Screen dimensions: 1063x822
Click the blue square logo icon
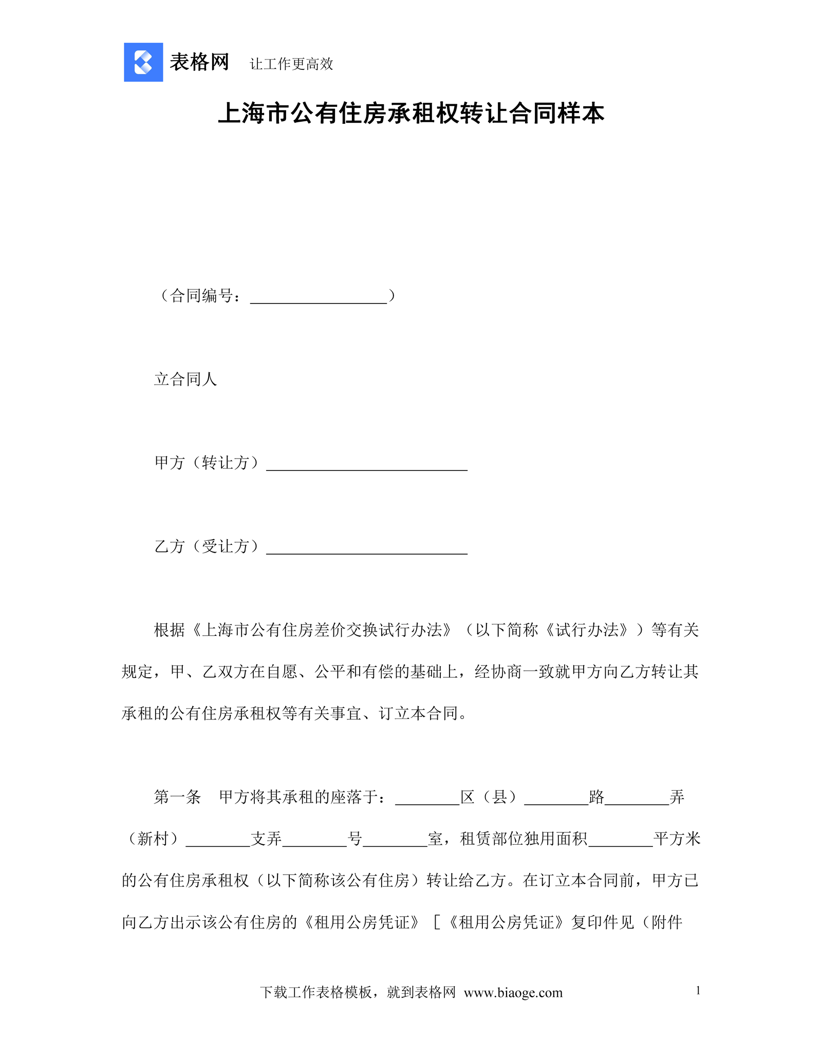[x=143, y=62]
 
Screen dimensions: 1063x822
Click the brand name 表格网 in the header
[x=199, y=62]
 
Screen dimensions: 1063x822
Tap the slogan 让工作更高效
[x=291, y=64]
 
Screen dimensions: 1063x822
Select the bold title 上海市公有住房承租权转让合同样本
[x=411, y=113]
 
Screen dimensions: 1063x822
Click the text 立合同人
[x=185, y=379]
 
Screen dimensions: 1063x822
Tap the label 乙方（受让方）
[x=207, y=546]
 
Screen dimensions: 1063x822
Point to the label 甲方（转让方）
[x=207, y=463]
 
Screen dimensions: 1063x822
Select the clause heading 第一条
[x=177, y=797]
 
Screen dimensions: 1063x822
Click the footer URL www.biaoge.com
[x=513, y=993]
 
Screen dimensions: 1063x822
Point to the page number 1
[x=698, y=991]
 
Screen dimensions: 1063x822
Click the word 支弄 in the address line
[x=266, y=839]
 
